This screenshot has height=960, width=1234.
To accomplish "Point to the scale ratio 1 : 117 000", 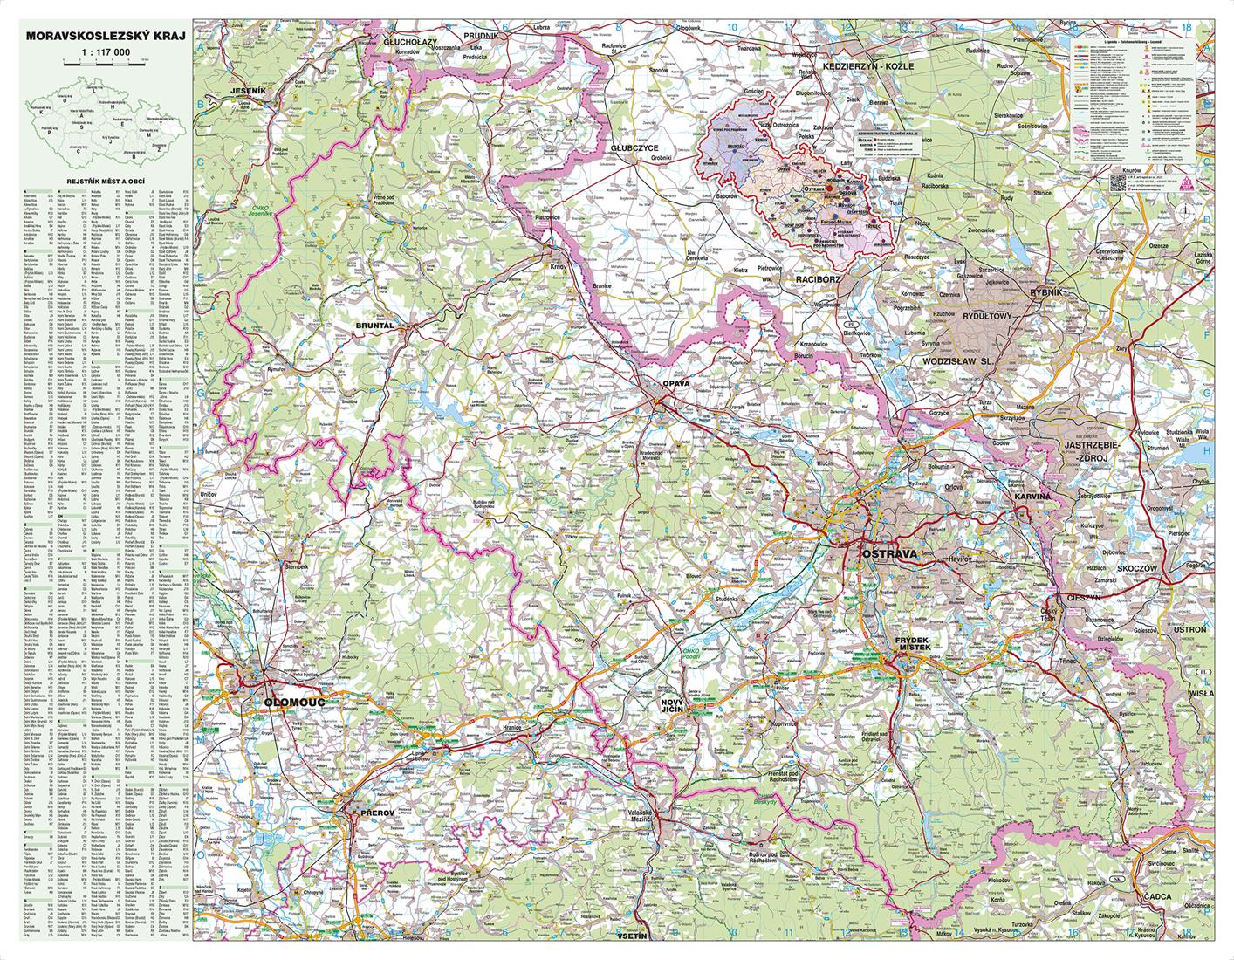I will [x=105, y=53].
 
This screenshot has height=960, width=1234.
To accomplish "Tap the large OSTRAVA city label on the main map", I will [x=888, y=554].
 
